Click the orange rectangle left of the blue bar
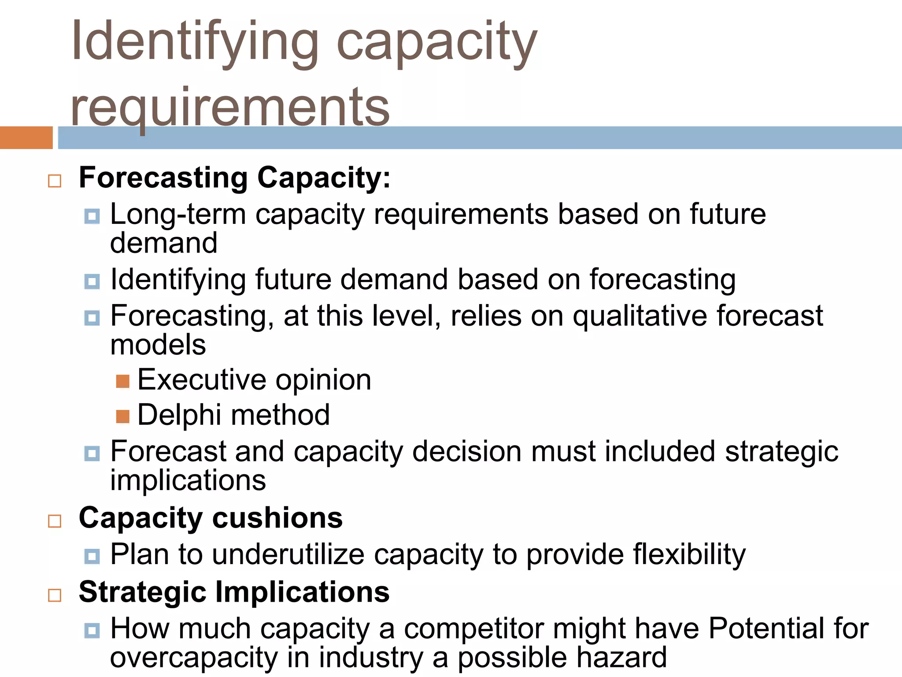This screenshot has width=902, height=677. (x=26, y=138)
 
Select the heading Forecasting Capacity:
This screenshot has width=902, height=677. (x=234, y=178)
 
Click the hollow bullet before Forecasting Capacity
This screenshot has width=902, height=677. (x=55, y=181)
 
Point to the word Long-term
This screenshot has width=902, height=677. (x=178, y=215)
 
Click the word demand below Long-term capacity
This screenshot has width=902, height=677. (x=164, y=243)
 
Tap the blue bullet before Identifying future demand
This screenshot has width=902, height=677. (x=92, y=281)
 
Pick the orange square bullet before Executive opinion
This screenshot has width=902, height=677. (x=123, y=381)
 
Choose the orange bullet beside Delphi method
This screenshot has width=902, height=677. (x=123, y=417)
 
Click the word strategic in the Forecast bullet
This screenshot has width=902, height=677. (x=781, y=452)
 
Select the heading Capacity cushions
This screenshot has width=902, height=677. (x=211, y=517)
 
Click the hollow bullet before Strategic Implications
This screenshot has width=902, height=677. (x=55, y=595)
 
